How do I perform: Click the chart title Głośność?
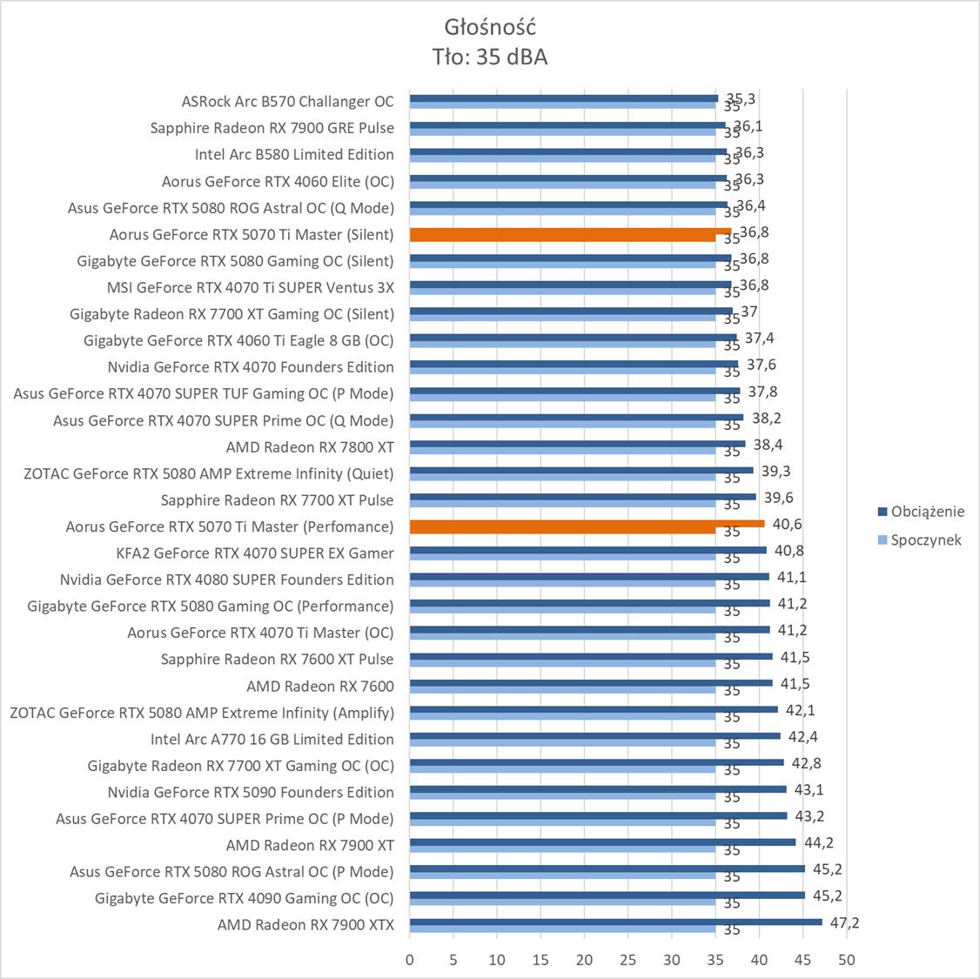pyautogui.click(x=489, y=25)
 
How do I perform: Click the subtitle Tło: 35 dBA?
pyautogui.click(x=489, y=57)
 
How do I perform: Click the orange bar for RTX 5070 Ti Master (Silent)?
pyautogui.click(x=570, y=231)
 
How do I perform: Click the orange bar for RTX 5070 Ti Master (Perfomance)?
pyautogui.click(x=587, y=523)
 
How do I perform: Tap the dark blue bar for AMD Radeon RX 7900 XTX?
pyautogui.click(x=615, y=922)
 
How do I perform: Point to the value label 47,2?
pyautogui.click(x=844, y=922)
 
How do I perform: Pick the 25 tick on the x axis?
pyautogui.click(x=628, y=961)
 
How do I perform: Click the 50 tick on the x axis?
pyautogui.click(x=847, y=961)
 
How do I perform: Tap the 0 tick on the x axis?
pyautogui.click(x=410, y=961)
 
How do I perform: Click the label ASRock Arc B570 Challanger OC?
pyautogui.click(x=287, y=101)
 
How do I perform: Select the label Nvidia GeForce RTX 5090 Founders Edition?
pyautogui.click(x=251, y=792)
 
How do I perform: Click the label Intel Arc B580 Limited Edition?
pyautogui.click(x=294, y=154)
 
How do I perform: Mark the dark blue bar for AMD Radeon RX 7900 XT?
pyautogui.click(x=602, y=842)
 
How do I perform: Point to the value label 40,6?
pyautogui.click(x=787, y=524)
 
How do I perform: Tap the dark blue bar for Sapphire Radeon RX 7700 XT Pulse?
pyautogui.click(x=582, y=497)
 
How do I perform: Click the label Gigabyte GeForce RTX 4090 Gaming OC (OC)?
pyautogui.click(x=244, y=898)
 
